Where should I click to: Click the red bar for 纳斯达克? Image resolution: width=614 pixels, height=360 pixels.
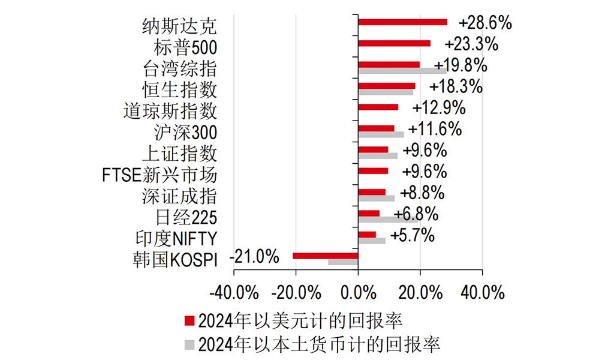point(402,22)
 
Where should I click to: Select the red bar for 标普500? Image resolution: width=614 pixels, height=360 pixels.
point(394,43)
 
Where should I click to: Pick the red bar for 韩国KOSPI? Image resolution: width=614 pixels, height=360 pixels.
point(325,256)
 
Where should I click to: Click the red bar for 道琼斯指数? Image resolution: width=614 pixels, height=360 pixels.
point(378,107)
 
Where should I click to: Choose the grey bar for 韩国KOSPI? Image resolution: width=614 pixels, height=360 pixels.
point(343,262)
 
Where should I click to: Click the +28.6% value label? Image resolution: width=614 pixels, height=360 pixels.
point(485,23)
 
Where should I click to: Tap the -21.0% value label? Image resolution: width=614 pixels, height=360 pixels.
point(255,257)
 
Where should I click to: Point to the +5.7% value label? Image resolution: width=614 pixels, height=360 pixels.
point(412,236)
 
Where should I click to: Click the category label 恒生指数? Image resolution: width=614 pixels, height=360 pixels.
point(179,89)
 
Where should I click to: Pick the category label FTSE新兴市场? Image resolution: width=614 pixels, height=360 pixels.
point(159,175)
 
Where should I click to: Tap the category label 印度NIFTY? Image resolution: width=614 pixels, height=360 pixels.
point(176,238)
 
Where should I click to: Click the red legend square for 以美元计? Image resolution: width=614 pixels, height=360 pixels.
point(189,320)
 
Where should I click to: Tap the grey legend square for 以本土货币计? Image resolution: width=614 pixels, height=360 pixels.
point(189,344)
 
